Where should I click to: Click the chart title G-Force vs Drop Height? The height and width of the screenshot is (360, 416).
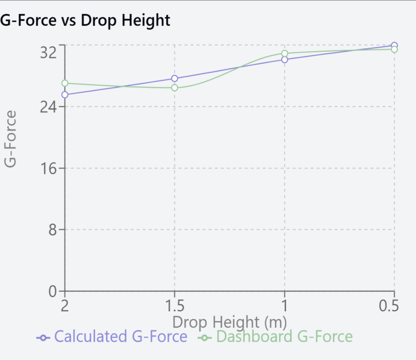[85, 20]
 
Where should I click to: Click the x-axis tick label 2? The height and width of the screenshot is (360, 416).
[65, 305]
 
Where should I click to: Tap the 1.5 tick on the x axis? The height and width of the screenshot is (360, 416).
[175, 305]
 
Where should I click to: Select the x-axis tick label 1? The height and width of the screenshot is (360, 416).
[284, 305]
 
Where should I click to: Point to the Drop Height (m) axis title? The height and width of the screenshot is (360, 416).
[230, 322]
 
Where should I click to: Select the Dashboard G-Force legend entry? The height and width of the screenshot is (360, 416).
[275, 337]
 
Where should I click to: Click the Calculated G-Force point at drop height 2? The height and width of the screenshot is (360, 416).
[65, 95]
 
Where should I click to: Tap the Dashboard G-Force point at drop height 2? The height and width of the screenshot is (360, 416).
[65, 83]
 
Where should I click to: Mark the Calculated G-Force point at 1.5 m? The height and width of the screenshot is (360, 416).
[175, 78]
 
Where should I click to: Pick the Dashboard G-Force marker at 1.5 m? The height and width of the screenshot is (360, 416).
[175, 88]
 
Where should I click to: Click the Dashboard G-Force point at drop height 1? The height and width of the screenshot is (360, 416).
[284, 53]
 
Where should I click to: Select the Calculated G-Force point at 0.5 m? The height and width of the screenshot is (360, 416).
[394, 45]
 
